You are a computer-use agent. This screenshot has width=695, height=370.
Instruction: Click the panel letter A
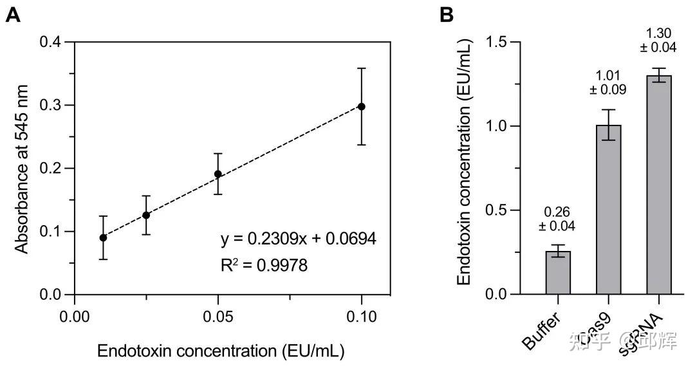(13, 15)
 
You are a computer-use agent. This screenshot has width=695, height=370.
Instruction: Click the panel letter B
(447, 15)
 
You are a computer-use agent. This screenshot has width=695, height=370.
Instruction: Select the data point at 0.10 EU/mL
(362, 106)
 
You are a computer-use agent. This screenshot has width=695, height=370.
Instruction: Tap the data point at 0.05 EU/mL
(218, 174)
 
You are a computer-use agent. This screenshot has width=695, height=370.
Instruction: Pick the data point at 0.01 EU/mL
(103, 237)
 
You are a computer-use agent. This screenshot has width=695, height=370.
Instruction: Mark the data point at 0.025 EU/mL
(146, 215)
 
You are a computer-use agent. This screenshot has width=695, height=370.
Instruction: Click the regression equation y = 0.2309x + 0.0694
(298, 239)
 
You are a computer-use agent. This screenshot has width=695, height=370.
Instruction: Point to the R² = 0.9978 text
(264, 264)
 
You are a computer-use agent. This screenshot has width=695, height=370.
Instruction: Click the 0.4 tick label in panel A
(53, 42)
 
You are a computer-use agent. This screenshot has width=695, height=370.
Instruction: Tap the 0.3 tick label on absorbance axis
(53, 106)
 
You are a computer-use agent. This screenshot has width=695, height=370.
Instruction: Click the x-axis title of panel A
(220, 351)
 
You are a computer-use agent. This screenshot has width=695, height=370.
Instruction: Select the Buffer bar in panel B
(558, 273)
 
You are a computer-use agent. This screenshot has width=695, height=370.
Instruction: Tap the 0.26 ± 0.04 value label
(558, 219)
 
